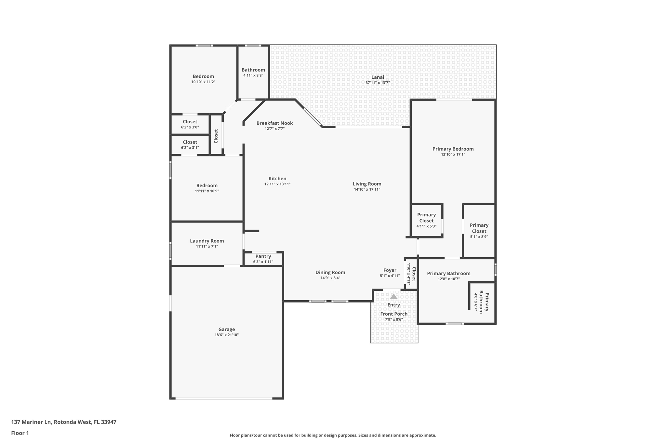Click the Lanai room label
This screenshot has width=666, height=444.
378,77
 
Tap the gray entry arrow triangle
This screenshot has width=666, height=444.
393,297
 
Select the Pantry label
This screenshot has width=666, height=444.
263,256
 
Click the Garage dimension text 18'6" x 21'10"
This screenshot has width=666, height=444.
226,335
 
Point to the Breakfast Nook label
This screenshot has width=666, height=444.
274,123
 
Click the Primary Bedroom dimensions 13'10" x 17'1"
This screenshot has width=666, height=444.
453,155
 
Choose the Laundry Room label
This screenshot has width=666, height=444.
207,241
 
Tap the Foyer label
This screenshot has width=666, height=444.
390,270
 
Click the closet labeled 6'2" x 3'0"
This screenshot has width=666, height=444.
190,124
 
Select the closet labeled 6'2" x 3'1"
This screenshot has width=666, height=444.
190,145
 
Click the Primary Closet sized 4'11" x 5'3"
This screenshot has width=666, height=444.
426,220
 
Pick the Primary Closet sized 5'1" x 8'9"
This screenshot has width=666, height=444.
479,231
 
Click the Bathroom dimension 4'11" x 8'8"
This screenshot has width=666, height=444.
253,75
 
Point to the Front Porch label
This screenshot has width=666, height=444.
394,314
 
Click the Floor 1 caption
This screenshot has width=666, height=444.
20,433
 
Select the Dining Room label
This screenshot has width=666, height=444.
330,273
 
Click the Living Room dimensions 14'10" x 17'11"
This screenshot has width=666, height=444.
367,189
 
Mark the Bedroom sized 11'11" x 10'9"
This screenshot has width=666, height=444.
207,188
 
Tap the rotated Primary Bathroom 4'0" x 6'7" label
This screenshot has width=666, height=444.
481,302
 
